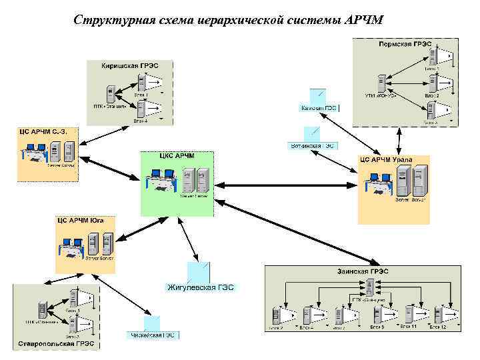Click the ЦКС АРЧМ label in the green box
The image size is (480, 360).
coord(177,155)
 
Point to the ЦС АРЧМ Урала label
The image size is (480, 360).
coord(386,160)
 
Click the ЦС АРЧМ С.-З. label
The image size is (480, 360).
coord(47,131)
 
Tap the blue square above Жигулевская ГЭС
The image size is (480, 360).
coord(199,271)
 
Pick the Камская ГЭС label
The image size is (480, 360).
coord(319,107)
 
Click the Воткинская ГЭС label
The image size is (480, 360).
coord(312,145)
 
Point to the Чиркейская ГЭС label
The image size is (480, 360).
coord(153,335)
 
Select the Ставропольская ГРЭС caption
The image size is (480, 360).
coord(55,345)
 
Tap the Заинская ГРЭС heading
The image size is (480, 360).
coord(363,271)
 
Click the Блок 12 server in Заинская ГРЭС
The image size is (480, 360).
coord(438,314)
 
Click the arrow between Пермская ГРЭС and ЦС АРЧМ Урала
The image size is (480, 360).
coord(399,140)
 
